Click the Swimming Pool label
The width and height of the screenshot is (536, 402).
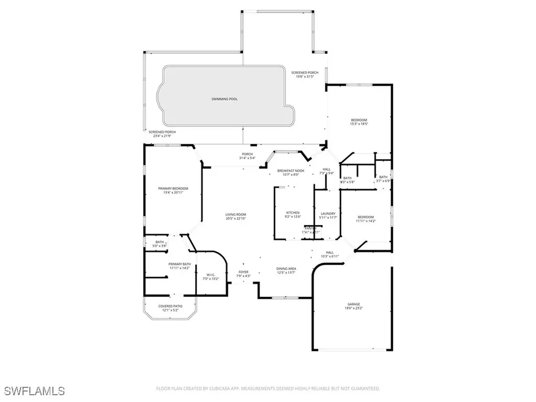click(225, 99)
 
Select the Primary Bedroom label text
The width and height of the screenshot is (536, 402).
click(173, 188)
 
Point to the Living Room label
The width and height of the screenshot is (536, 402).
click(236, 215)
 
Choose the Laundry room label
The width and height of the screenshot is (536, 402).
click(328, 214)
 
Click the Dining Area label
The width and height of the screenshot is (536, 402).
click(286, 269)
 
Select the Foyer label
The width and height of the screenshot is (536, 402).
click(244, 272)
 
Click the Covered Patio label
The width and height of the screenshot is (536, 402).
click(170, 306)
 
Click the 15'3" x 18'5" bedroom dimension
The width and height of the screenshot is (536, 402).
click(359, 125)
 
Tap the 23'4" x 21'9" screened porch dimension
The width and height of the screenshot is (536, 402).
click(162, 136)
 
